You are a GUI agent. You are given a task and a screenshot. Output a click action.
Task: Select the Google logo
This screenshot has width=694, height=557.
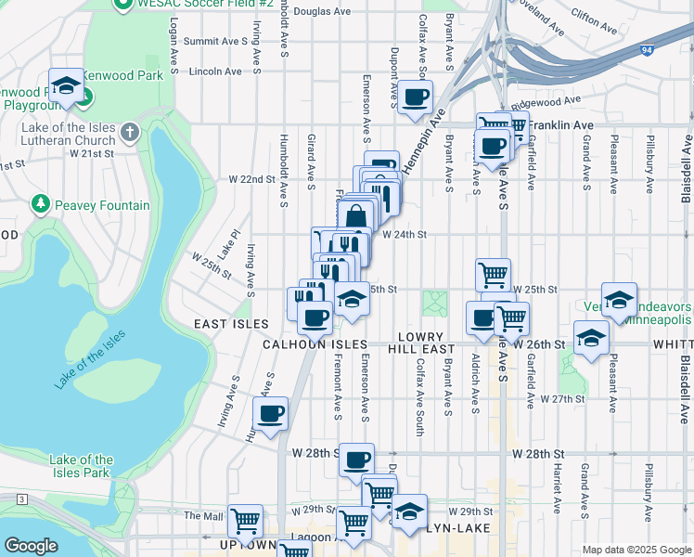coord(31,546)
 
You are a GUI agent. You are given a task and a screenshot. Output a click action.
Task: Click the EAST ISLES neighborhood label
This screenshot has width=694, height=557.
coord(231,324)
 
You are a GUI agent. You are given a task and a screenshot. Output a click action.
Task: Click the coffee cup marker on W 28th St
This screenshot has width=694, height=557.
coord(356,459)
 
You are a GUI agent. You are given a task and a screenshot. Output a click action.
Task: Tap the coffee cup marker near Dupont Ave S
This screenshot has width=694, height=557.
coord(415,96)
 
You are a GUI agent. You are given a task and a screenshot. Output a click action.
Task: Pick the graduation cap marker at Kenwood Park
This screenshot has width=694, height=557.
coord(66,86)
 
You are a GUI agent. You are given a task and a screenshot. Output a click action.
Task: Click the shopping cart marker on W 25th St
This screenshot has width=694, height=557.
coord(493,274)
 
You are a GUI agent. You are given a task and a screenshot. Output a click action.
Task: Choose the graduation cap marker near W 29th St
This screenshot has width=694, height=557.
coord(409,510)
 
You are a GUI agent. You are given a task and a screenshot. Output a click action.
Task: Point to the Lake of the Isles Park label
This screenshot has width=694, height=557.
coord(81,466)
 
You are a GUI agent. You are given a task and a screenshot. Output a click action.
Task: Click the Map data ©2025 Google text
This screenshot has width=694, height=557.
coord(636,550)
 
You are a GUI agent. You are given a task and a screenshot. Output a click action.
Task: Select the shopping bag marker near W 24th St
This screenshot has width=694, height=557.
coord(356,220)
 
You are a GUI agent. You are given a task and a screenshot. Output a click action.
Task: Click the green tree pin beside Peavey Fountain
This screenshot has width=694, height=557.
coord(40,203)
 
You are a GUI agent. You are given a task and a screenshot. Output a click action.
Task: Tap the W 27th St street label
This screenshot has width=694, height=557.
coord(561,398)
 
